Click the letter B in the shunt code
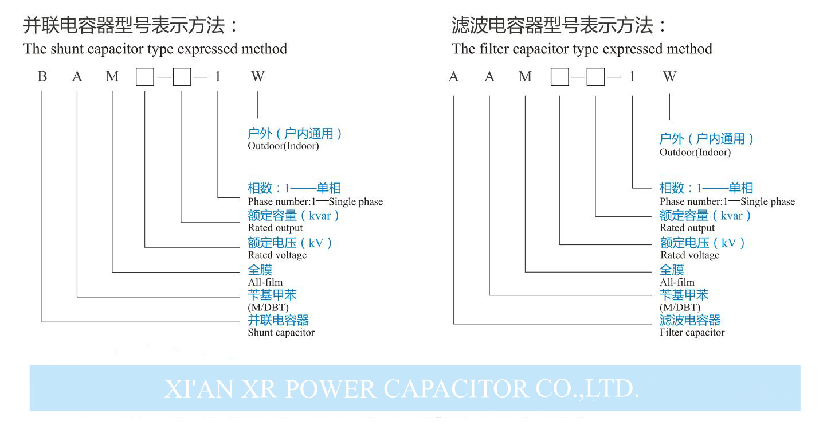(42, 76)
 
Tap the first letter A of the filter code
(454, 76)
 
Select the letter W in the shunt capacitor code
(258, 76)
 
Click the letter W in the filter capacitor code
(669, 76)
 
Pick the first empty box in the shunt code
(145, 77)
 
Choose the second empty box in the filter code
(596, 77)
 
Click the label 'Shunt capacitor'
(281, 332)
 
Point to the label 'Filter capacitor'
(692, 332)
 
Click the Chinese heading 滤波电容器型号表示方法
(559, 26)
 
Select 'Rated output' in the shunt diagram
(275, 228)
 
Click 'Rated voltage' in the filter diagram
(689, 255)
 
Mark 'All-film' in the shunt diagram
(265, 282)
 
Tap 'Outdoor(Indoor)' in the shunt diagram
(283, 146)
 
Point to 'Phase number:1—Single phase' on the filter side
(727, 201)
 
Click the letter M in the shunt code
(112, 76)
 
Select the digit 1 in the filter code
(632, 76)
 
